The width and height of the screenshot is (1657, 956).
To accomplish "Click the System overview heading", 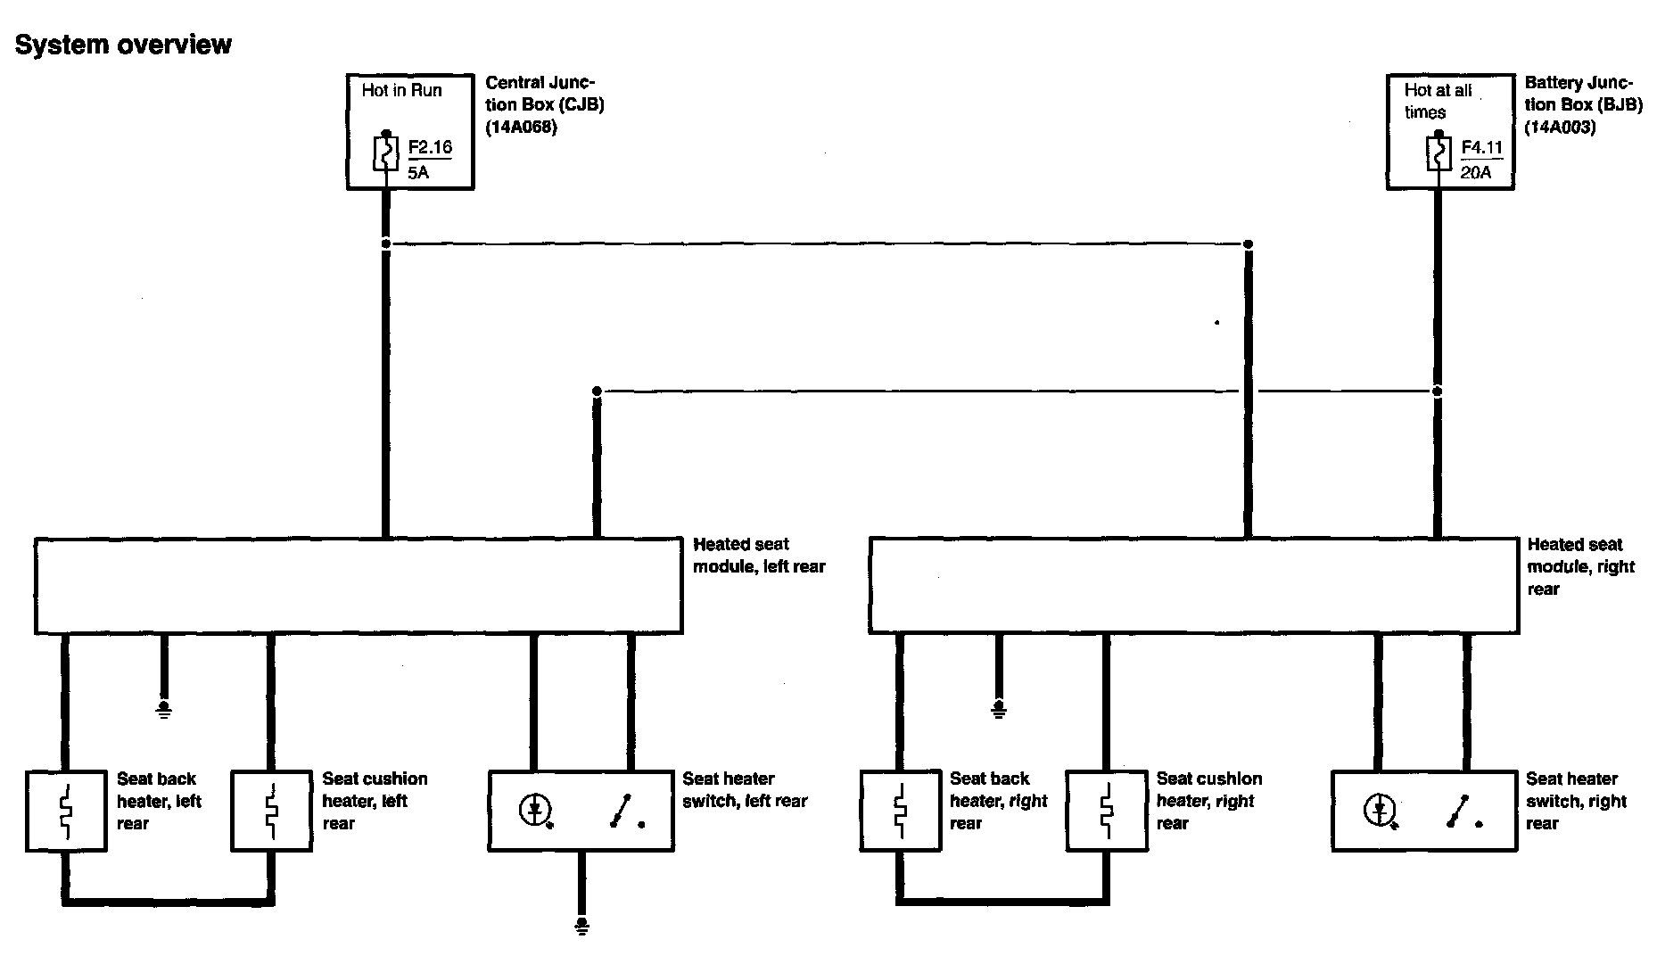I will click(123, 45).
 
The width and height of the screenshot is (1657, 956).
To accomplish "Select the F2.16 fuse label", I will click(430, 147).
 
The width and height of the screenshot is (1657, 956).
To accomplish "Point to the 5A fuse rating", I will click(418, 172).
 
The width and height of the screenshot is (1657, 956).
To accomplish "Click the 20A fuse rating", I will click(1476, 172).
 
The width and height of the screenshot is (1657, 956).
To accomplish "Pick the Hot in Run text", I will click(401, 90).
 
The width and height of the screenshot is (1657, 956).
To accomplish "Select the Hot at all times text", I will click(1437, 101).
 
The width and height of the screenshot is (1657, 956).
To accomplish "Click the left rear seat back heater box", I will click(66, 811).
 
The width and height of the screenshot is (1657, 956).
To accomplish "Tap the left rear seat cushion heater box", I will click(271, 811).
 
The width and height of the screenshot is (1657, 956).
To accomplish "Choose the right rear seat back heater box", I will click(901, 811).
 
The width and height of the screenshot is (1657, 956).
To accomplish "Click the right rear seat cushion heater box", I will click(1107, 811).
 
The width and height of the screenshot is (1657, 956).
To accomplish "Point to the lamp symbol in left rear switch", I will click(535, 811).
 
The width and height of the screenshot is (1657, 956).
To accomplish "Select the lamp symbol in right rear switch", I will click(1379, 811).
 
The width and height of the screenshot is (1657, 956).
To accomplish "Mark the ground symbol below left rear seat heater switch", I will click(581, 926).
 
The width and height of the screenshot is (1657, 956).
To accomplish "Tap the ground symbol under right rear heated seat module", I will click(999, 709).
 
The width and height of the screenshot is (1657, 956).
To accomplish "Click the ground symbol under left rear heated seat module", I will click(164, 709).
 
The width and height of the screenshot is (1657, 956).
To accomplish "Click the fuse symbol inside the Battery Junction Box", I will click(1437, 153).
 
